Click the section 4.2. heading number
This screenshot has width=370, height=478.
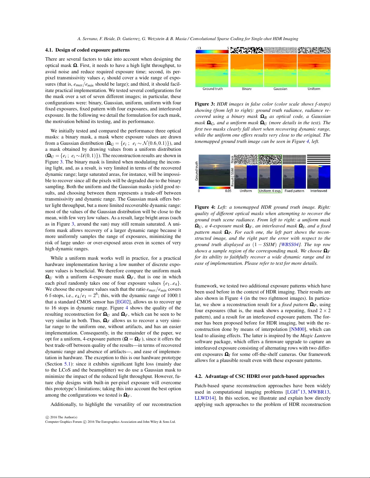point(199,376)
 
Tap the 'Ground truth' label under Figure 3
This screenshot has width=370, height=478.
point(213,89)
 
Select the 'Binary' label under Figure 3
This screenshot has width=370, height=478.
point(246,89)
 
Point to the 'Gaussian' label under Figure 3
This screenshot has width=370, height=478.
point(280,89)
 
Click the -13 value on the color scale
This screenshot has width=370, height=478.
point(198,48)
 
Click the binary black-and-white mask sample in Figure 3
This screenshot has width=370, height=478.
point(247,50)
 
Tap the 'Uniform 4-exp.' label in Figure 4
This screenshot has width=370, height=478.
point(270,191)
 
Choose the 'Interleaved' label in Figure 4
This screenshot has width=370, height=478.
point(319,191)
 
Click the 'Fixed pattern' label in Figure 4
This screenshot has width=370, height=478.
point(294,191)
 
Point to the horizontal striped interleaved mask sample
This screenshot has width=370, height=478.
point(319,160)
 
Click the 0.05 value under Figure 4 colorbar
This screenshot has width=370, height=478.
point(228,191)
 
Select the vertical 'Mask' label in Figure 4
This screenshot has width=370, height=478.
point(232,159)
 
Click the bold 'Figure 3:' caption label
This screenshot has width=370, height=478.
point(205,104)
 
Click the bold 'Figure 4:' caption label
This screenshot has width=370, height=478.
point(205,207)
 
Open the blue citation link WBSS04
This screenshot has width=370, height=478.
point(290,245)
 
